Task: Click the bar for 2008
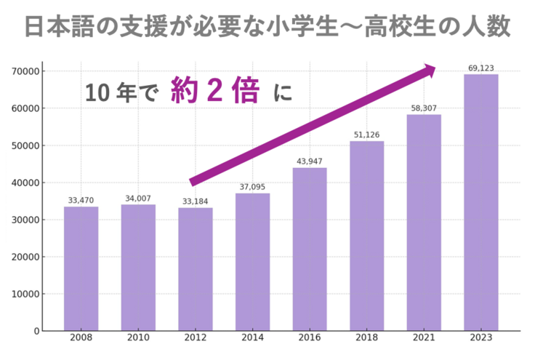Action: (81, 268)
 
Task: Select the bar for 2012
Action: (196, 269)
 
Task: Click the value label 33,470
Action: (81, 201)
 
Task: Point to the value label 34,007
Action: (138, 199)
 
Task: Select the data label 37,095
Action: (252, 187)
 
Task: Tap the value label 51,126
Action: (366, 135)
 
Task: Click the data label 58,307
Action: (424, 108)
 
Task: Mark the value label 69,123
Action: (481, 68)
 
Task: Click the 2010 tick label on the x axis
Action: (138, 339)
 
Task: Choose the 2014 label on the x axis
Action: (252, 339)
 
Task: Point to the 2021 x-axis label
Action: (424, 339)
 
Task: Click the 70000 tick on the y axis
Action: (25, 71)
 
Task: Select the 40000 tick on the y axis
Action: (25, 183)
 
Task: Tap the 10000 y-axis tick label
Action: (25, 294)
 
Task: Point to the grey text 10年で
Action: (120, 94)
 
